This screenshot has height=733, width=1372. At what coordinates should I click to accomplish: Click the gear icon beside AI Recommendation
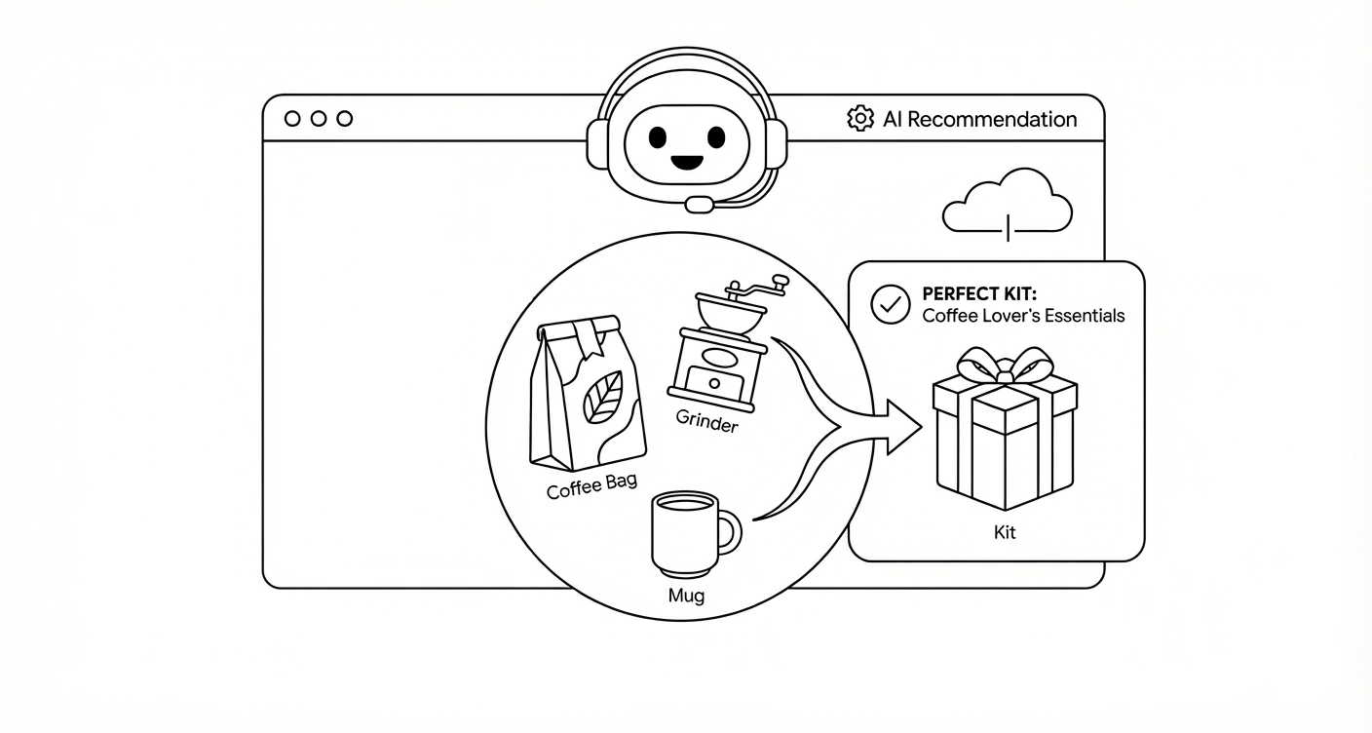[859, 119]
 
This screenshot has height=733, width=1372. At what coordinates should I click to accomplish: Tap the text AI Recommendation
[979, 120]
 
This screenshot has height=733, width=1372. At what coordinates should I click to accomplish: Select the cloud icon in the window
[1008, 202]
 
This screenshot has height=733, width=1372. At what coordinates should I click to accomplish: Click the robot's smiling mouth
[687, 161]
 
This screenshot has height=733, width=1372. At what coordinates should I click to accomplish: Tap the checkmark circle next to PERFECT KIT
[889, 304]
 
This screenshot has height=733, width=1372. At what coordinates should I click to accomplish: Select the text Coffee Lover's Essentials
[1023, 316]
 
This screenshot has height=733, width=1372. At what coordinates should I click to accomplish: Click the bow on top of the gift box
[1004, 367]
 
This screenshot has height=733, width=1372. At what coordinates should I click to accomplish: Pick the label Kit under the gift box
[1004, 533]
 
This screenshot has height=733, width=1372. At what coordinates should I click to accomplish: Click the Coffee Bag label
[591, 484]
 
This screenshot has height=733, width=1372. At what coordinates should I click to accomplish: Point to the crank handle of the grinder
[755, 289]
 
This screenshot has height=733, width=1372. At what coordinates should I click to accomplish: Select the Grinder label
[706, 423]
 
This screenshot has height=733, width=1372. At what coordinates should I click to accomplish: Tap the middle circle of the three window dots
[319, 119]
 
